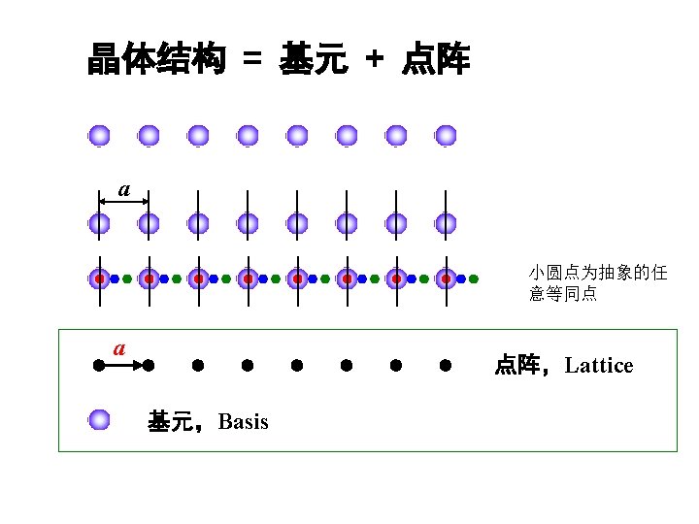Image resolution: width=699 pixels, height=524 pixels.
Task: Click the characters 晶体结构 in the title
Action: point(156,60)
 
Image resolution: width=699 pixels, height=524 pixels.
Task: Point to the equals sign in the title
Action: point(252,61)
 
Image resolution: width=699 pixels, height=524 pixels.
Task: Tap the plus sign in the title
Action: point(374,61)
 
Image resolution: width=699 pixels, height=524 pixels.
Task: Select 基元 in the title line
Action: point(313,60)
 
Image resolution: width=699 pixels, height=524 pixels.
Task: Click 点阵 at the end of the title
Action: point(436,60)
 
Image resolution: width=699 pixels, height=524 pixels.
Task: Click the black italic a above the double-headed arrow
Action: point(124,187)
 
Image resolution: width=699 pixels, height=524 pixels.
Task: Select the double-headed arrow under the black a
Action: point(124,202)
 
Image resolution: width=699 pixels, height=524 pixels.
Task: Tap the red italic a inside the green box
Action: point(119,346)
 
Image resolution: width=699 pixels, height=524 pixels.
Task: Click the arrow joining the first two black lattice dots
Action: point(124,366)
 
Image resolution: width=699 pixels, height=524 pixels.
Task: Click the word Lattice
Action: point(599,366)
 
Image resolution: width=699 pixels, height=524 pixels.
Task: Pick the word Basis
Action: point(244,422)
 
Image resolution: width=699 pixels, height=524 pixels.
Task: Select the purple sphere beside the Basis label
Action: point(99,420)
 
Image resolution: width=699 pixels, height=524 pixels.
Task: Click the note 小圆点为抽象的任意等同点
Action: point(597,282)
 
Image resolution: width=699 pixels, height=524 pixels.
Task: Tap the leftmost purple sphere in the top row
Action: point(99,136)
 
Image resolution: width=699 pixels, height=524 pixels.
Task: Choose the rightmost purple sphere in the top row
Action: point(446,136)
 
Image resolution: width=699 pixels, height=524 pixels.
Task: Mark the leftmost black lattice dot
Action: point(99,366)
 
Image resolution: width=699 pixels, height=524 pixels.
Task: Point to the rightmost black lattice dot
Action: point(446,366)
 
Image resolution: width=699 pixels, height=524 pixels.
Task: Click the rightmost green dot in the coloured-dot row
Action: point(474,278)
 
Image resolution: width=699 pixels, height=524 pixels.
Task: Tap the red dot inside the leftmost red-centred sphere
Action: point(99,278)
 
